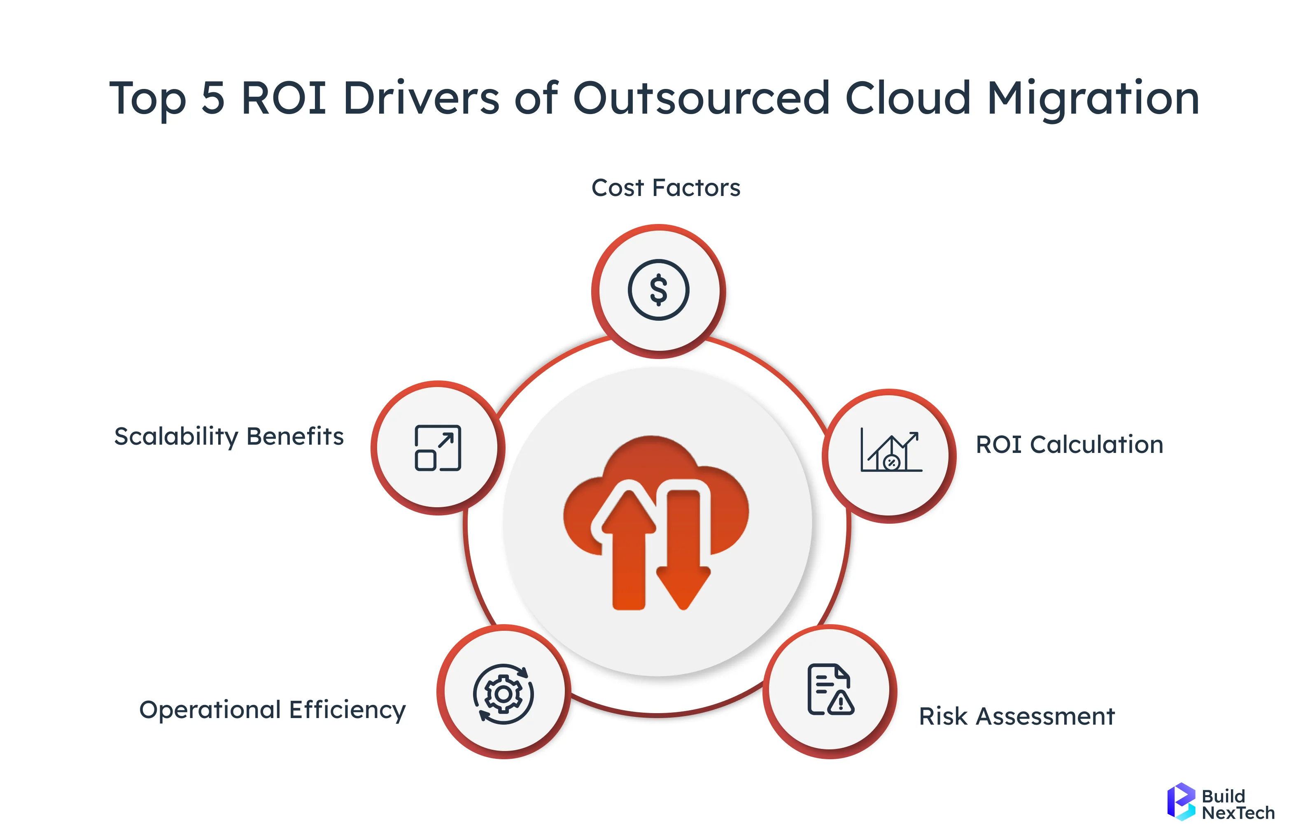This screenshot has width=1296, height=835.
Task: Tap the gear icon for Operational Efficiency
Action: tap(503, 693)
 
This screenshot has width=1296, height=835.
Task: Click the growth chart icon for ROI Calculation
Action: tap(890, 451)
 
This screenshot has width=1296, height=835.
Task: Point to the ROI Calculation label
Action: tap(1069, 445)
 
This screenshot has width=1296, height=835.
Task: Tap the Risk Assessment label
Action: tap(1016, 716)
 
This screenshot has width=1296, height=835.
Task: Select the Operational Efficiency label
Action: tap(272, 710)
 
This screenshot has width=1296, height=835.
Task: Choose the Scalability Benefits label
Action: tap(229, 436)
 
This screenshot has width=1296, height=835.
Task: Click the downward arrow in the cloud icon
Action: tap(683, 553)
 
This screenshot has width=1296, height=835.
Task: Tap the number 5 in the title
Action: tap(213, 99)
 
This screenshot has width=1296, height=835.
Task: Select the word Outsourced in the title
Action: tap(702, 99)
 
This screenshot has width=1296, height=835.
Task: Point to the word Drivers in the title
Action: tap(421, 99)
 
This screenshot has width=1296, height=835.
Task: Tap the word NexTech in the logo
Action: tap(1238, 813)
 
